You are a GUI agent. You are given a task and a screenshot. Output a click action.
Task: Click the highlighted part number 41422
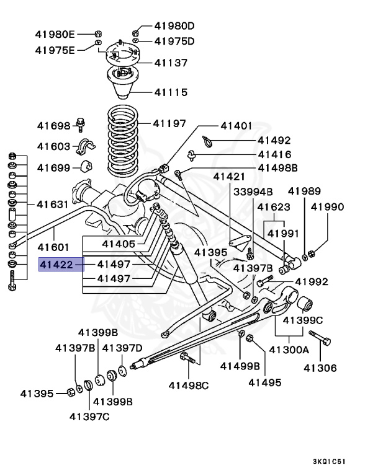pos(61,265)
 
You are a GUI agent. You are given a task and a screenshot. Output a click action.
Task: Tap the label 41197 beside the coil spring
pos(169,124)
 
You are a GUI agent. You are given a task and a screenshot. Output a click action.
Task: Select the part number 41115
pos(171,93)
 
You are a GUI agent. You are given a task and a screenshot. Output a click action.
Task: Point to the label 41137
pos(171,63)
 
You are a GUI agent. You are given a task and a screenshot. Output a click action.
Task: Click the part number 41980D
pos(174,26)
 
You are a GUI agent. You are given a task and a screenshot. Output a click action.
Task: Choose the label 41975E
pos(55,50)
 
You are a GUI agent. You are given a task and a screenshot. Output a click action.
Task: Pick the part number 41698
pos(53,126)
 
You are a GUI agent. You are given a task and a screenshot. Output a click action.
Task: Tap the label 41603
pos(53,147)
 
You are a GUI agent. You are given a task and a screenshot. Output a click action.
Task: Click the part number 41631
pos(53,203)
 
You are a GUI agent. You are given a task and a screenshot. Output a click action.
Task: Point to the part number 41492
pos(274,141)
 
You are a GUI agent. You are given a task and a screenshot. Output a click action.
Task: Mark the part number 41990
pos(327,207)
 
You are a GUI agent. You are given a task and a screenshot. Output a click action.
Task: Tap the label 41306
pos(320,368)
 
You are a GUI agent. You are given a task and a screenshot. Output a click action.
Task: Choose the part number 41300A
pos(289,350)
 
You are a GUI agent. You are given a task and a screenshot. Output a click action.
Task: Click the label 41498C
pos(189,386)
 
